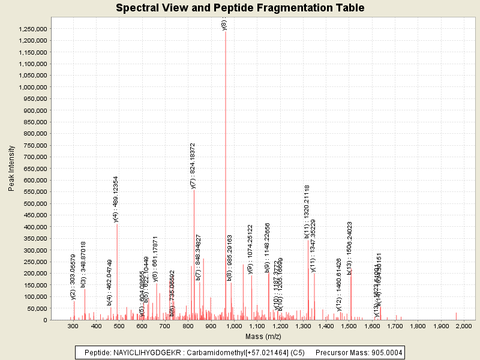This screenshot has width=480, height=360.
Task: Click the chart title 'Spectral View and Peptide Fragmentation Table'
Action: click(240, 8)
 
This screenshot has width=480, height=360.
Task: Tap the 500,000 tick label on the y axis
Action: click(33, 203)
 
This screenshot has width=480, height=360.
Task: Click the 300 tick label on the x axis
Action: click(73, 326)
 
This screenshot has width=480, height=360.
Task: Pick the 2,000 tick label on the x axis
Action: click(463, 326)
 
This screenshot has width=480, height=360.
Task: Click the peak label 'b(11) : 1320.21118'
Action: click(307, 212)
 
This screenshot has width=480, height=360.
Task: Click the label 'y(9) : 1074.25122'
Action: click(250, 249)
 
